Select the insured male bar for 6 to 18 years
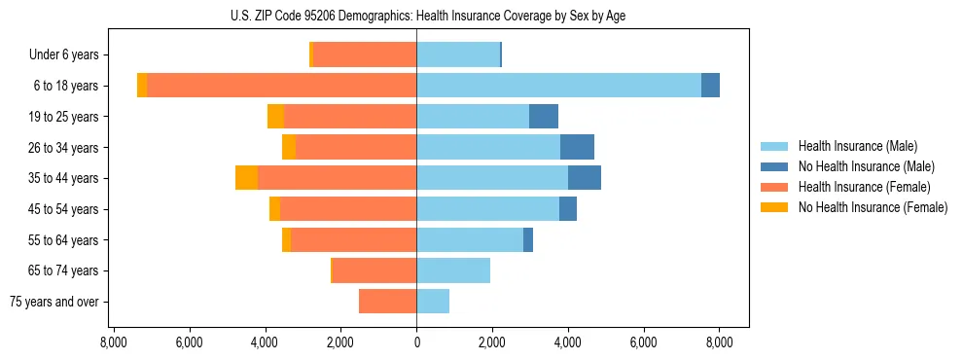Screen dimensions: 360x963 (558, 86)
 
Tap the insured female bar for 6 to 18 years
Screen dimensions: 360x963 (282, 86)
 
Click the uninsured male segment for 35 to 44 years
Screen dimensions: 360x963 (585, 178)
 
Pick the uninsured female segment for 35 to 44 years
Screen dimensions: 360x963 (246, 178)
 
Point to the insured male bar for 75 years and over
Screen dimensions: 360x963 (433, 302)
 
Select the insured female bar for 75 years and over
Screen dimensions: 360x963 (387, 302)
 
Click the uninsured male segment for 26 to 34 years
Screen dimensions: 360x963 (577, 147)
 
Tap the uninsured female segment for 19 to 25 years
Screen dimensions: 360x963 (275, 117)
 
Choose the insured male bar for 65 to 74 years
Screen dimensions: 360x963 (453, 270)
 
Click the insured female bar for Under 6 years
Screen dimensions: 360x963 (365, 54)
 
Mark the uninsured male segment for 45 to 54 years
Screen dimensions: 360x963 (568, 209)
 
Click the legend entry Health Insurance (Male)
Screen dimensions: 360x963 (857, 146)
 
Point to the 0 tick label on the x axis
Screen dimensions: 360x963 (416, 342)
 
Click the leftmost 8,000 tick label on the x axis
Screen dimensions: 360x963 (113, 342)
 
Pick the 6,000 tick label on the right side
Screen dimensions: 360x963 (644, 342)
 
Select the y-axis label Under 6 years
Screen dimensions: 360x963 (63, 55)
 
